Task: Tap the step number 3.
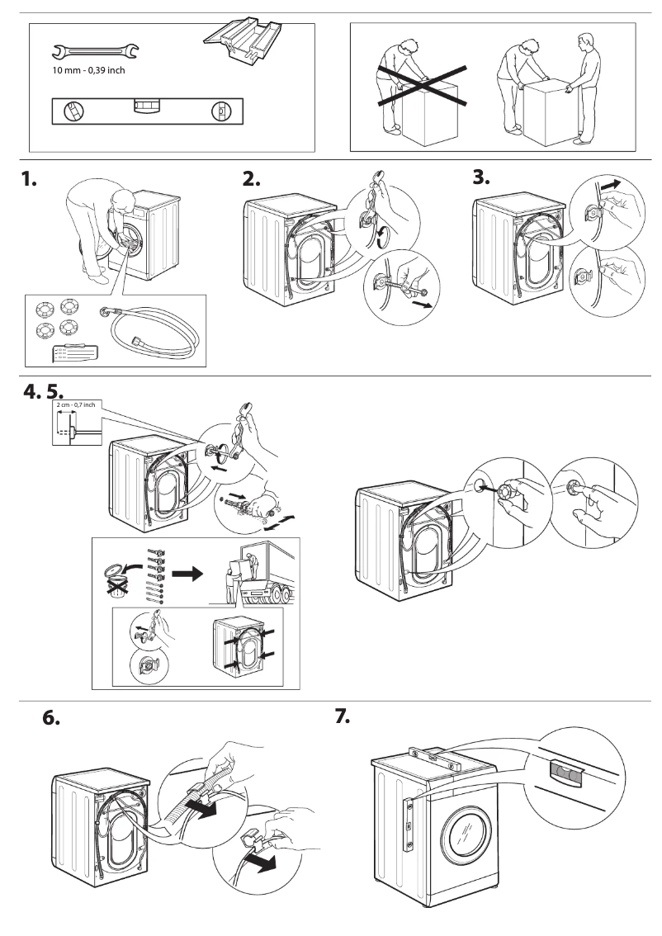coord(482,177)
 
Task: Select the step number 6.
coord(51,717)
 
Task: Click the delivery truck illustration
coord(266,574)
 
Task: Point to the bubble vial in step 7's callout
coord(565,771)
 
